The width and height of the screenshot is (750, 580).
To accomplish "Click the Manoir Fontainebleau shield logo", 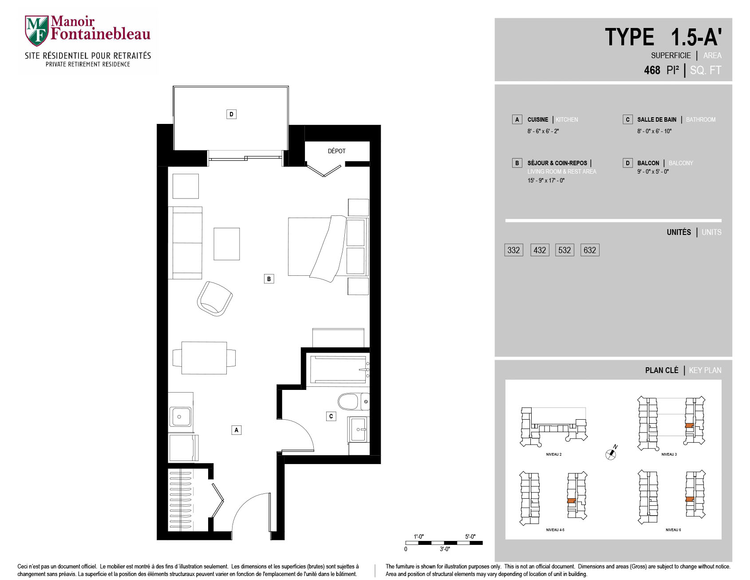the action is click(36, 31).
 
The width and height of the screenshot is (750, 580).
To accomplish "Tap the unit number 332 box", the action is click(513, 250).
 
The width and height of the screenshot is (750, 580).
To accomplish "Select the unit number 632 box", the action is click(590, 250).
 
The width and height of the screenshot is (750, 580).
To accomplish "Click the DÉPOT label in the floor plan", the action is click(336, 151).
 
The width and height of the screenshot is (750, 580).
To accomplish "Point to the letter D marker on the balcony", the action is click(231, 114).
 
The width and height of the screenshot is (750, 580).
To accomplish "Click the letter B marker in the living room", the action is click(268, 279).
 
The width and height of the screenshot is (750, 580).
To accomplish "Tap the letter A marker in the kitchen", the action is click(237, 430).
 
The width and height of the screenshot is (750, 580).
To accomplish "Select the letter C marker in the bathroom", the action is click(331, 416).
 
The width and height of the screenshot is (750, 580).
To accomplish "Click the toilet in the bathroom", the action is click(353, 402).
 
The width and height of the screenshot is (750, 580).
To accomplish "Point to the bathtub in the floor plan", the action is click(339, 369).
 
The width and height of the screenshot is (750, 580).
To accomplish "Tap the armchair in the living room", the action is click(215, 298).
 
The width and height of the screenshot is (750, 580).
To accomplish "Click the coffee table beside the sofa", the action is click(227, 244).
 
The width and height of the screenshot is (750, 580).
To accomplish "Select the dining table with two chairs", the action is click(204, 358).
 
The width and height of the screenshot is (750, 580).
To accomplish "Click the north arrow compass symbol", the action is click(612, 453).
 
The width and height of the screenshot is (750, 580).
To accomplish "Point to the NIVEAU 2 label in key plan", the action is click(553, 454).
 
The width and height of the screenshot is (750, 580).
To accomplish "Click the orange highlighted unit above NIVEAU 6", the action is click(689, 500).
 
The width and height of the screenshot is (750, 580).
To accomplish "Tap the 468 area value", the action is click(652, 70).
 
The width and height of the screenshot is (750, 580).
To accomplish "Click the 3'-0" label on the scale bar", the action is click(445, 549).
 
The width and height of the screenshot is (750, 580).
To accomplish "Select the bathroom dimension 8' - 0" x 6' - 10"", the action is click(654, 131).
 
